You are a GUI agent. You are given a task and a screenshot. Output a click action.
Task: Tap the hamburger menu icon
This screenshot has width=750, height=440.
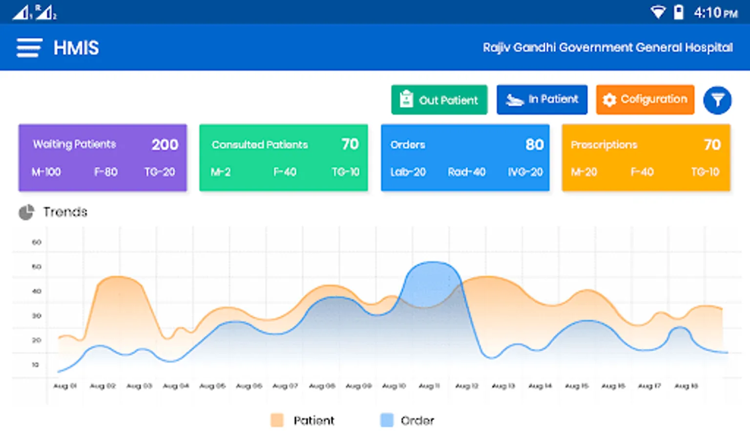29,48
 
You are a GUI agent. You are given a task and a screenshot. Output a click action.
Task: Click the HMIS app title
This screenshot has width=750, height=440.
76,48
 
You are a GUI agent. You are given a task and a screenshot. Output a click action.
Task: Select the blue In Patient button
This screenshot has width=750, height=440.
542,100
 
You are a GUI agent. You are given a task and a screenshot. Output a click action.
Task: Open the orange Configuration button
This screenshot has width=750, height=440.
645,100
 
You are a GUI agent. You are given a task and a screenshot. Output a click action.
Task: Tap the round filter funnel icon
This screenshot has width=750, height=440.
717,100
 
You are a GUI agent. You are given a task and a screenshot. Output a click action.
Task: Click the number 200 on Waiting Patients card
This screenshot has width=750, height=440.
165,145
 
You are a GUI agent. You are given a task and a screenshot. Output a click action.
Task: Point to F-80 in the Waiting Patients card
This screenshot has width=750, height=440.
105,172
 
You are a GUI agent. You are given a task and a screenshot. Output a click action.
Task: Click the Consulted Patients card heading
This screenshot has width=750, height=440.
260,145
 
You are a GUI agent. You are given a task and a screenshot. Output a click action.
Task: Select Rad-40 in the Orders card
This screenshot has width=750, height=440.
466,172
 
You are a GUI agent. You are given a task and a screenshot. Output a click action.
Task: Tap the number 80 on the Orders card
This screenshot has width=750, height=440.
535,145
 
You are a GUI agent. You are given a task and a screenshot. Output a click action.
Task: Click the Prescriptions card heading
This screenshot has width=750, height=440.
604,145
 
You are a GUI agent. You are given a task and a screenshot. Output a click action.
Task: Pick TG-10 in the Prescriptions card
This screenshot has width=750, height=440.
705,172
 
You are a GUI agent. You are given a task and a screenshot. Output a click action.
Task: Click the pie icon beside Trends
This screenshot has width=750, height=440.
26,212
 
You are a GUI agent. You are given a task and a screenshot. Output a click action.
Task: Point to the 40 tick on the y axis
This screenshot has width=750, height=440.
37,291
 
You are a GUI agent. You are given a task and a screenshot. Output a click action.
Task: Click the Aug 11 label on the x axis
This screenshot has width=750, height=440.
430,386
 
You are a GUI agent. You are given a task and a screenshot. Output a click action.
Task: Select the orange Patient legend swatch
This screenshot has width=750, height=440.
277,420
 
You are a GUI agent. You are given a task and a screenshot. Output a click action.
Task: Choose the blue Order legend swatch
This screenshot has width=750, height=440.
387,420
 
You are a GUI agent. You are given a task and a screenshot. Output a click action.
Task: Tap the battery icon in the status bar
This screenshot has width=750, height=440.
679,12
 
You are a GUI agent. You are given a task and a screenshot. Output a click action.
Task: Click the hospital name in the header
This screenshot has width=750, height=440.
607,47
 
